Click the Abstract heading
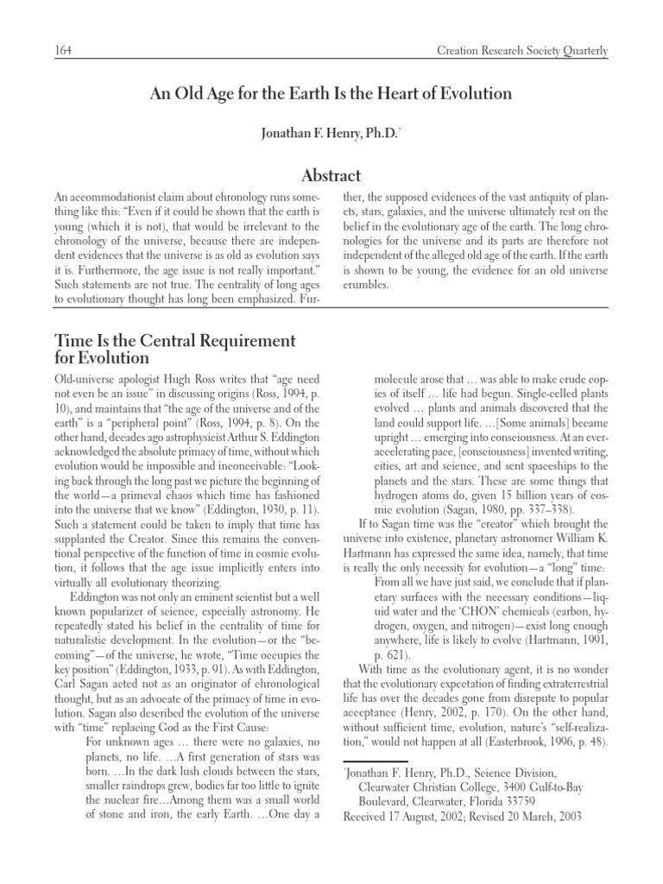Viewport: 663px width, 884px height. pos(331,175)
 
